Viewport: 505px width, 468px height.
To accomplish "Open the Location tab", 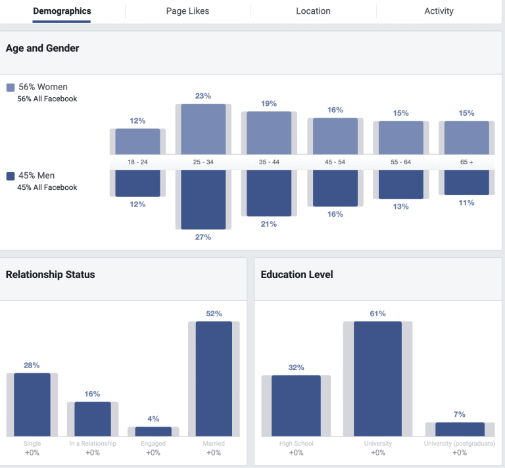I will [x=313, y=11].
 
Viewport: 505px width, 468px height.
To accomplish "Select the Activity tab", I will [x=439, y=11].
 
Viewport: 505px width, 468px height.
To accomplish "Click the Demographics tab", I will [x=62, y=11].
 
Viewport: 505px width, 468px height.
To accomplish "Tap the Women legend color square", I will [x=11, y=87].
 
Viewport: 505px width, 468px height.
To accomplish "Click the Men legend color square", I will [x=11, y=176].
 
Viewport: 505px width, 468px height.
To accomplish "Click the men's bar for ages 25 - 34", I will [x=203, y=199].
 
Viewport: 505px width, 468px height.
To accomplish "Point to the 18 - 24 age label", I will [x=137, y=162].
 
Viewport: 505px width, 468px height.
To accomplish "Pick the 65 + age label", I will [x=466, y=162].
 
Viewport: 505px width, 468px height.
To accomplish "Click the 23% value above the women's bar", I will [x=203, y=96].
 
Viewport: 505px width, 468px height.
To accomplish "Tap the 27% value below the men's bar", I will [x=203, y=237].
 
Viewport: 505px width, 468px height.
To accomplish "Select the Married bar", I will [x=214, y=379].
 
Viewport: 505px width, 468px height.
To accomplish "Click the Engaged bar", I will [x=153, y=431].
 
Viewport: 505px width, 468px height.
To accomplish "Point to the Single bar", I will [x=32, y=404].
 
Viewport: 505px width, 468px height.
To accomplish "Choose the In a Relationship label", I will [x=93, y=444].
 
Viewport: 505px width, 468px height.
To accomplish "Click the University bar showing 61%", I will [x=377, y=379].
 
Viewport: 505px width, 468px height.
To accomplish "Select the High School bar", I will [x=296, y=406].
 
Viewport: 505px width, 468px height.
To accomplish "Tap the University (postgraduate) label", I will [x=460, y=444].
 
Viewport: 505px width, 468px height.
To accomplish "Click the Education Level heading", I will [x=297, y=275].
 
